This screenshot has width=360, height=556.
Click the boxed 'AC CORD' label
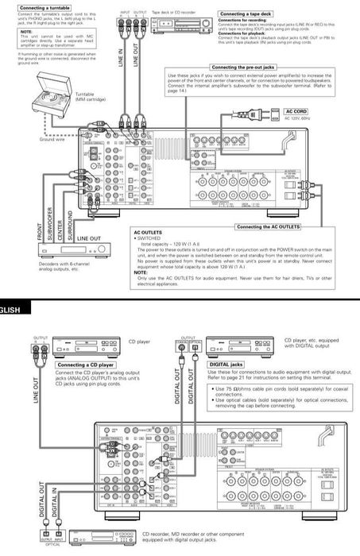[296, 111]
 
